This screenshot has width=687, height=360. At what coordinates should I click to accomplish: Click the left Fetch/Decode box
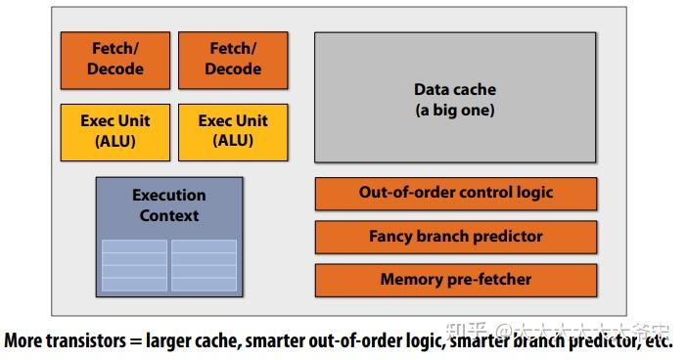click(115, 59)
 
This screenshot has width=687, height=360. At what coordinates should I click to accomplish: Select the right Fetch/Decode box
click(234, 59)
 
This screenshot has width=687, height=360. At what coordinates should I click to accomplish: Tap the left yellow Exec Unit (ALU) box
click(115, 130)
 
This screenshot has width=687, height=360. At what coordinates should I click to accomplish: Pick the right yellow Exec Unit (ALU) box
click(234, 130)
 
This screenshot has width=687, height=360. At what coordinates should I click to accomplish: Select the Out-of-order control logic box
click(455, 193)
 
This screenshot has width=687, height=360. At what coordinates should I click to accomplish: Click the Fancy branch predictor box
click(455, 236)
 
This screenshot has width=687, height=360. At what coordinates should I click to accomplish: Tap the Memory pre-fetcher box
click(455, 280)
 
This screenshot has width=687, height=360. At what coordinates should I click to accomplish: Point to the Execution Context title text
click(169, 205)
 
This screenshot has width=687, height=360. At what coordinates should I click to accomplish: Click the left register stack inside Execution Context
click(134, 264)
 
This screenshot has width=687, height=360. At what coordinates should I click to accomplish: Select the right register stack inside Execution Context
click(204, 264)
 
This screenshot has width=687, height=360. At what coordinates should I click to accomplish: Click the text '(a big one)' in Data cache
click(455, 111)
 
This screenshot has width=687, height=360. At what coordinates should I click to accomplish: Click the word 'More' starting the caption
click(23, 343)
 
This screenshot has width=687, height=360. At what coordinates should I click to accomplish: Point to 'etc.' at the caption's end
click(658, 343)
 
